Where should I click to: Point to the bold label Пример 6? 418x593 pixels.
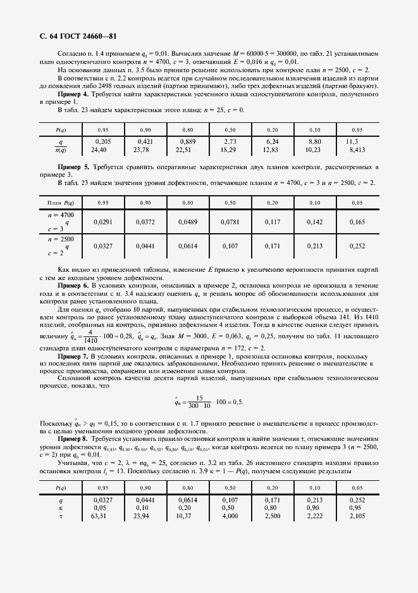click(x=72, y=286)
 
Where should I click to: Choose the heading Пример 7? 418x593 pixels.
click(x=72, y=357)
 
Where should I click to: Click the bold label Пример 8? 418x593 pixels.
click(x=72, y=438)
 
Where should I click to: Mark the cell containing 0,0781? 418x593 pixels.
click(x=230, y=222)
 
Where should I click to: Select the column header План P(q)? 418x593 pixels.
click(x=61, y=202)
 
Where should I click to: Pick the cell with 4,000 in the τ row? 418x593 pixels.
click(x=230, y=516)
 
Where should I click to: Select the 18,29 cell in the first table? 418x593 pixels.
click(x=230, y=150)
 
